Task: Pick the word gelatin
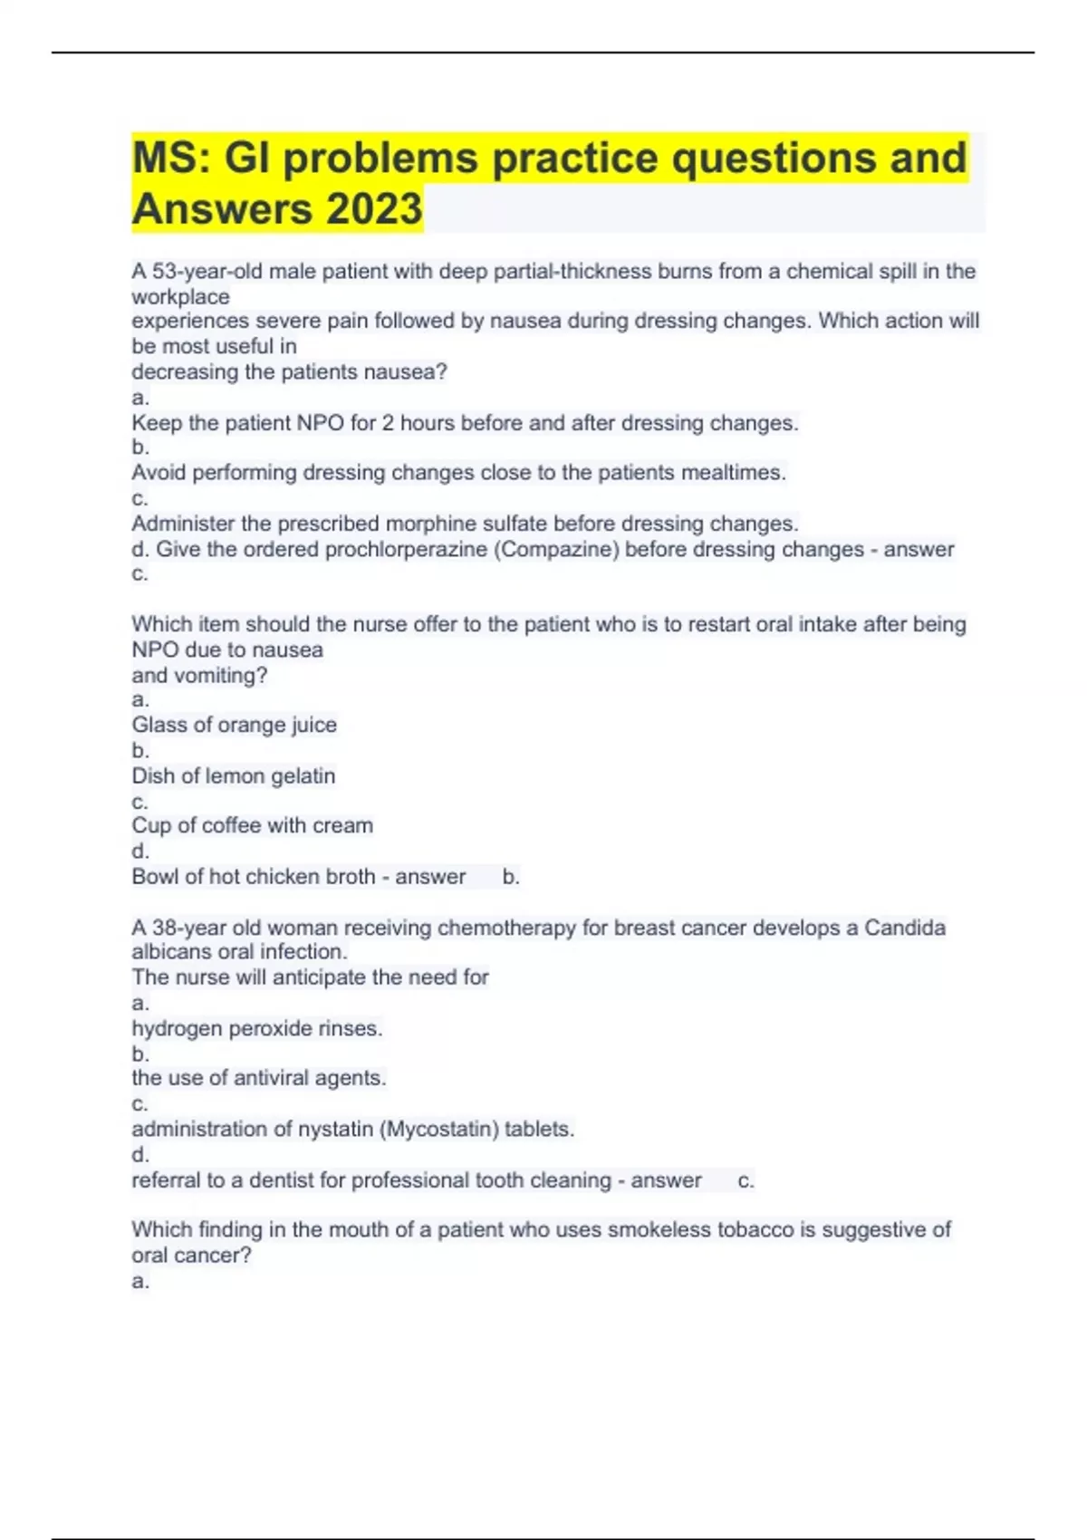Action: click(x=303, y=776)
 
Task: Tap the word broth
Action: click(x=351, y=877)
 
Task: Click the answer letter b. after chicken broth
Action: click(x=511, y=877)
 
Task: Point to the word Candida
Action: click(x=904, y=928)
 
